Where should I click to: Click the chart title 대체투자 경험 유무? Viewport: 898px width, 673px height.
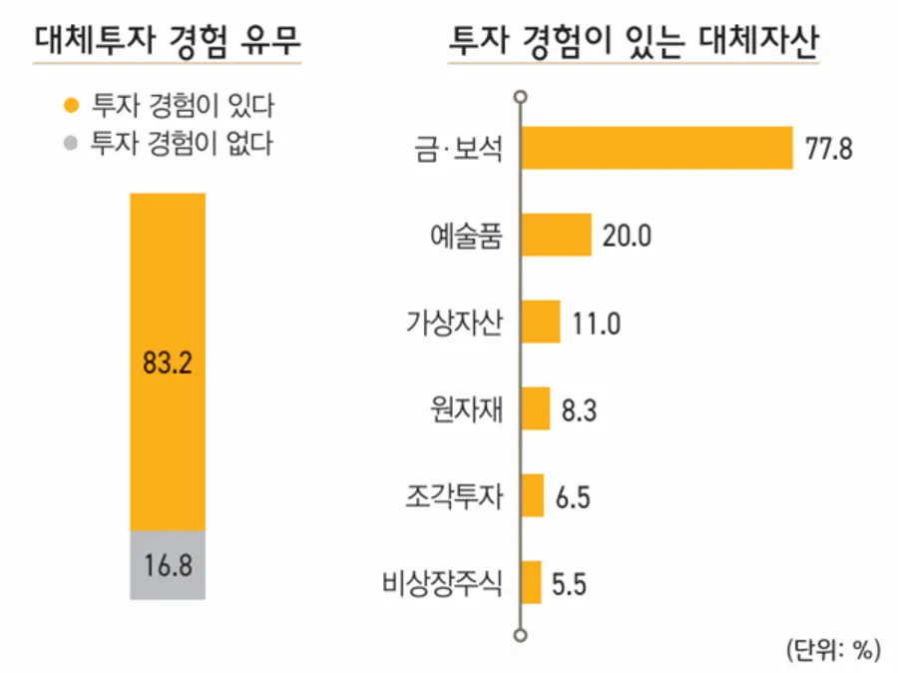click(167, 42)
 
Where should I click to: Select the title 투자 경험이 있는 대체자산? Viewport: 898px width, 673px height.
click(633, 42)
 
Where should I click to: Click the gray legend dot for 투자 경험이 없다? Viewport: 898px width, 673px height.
click(69, 142)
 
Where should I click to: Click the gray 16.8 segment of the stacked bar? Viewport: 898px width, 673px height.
click(167, 565)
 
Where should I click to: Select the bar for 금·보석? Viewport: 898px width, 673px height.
click(657, 149)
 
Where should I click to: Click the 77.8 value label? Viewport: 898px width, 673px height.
click(829, 151)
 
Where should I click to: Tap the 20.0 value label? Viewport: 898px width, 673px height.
click(628, 237)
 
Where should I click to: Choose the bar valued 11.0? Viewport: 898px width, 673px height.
click(542, 322)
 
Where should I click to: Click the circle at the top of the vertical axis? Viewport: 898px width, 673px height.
click(519, 97)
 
